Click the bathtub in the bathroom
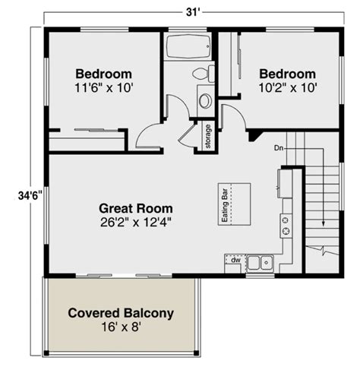click(187, 49)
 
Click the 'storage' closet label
click(208, 137)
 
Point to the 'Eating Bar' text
click(225, 204)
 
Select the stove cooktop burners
click(286, 225)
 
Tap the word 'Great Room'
click(136, 207)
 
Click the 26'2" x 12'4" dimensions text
click(136, 222)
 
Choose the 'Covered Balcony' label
click(121, 313)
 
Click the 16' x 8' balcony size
click(121, 328)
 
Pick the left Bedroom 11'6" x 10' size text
click(104, 87)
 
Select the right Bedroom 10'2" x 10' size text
click(287, 87)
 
